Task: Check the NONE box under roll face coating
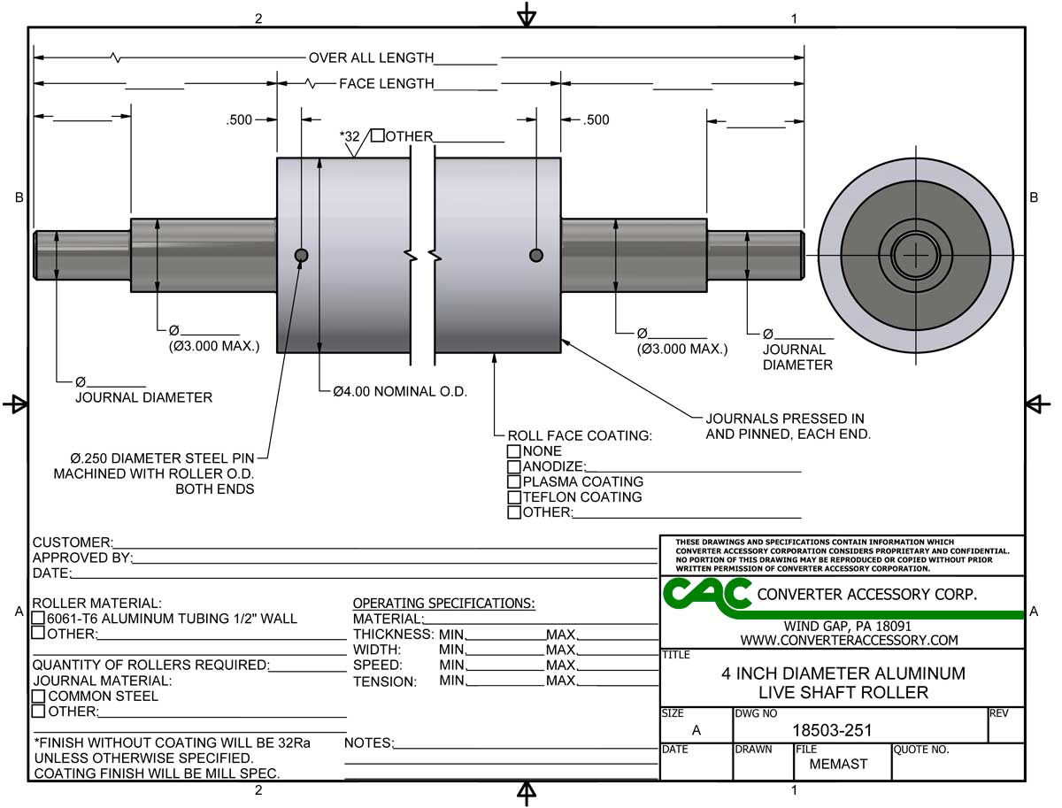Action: [513, 451]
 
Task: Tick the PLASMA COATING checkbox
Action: [513, 481]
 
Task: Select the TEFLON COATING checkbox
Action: [513, 496]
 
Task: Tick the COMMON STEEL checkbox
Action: [39, 696]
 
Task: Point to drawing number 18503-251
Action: [831, 730]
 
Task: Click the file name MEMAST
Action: [838, 764]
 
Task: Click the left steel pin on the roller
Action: [301, 256]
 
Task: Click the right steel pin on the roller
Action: [535, 256]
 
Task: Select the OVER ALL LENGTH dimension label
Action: [371, 58]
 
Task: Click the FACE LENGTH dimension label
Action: [386, 84]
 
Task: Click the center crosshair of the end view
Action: [915, 256]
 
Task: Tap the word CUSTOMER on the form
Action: [72, 542]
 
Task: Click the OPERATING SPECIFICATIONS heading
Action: [443, 604]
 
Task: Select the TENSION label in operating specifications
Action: [384, 681]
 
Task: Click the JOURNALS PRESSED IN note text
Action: [785, 419]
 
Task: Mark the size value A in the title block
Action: [696, 730]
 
